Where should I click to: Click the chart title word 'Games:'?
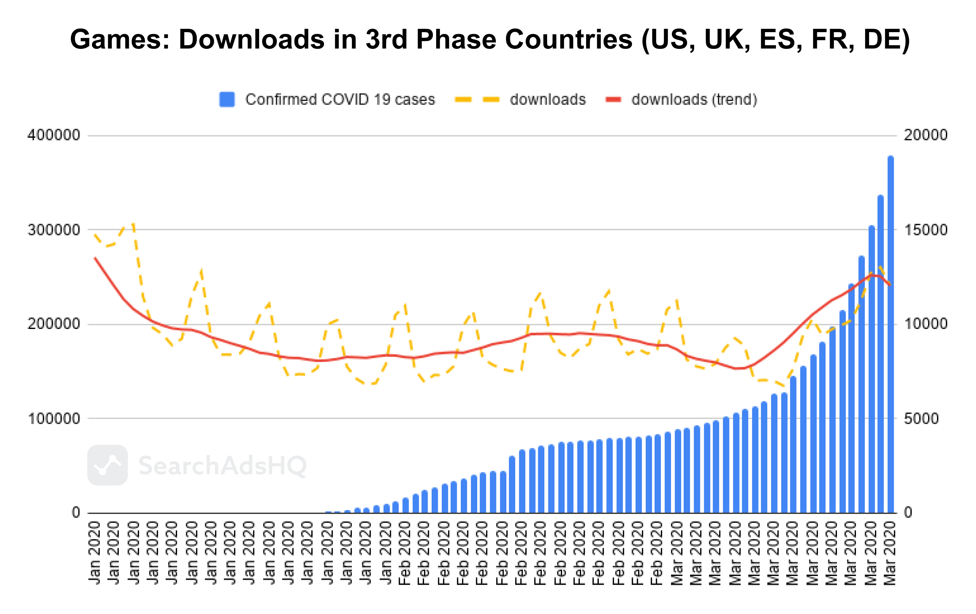pyautogui.click(x=120, y=40)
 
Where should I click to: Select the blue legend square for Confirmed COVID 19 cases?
pyautogui.click(x=227, y=99)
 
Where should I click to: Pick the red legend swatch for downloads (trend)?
pyautogui.click(x=613, y=99)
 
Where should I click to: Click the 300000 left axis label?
pyautogui.click(x=54, y=230)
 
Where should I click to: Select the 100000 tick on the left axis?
pyautogui.click(x=54, y=418)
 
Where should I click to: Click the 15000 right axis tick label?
pyautogui.click(x=926, y=230)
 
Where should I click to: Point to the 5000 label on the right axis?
pyautogui.click(x=921, y=418)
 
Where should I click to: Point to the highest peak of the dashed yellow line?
pyautogui.click(x=133, y=223)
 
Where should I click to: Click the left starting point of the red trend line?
pyautogui.click(x=95, y=258)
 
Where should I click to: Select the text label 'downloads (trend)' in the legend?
pyautogui.click(x=694, y=99)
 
